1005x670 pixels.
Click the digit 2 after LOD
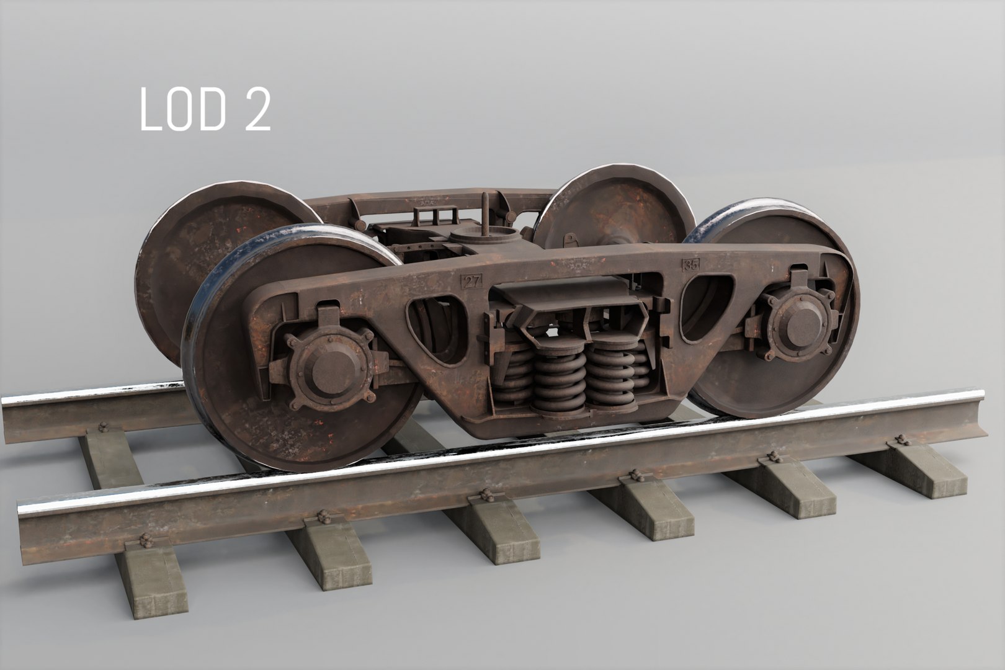pyautogui.click(x=254, y=109)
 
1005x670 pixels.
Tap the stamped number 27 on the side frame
pyautogui.click(x=471, y=281)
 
